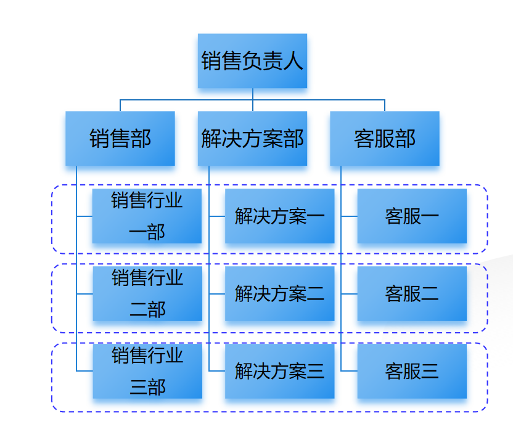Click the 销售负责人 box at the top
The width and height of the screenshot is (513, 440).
coord(252,61)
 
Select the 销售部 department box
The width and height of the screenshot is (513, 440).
coord(120,139)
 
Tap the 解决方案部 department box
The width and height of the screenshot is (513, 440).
coord(252,139)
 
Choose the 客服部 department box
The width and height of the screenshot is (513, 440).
coord(385,139)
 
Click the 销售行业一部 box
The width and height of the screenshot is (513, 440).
coord(147,216)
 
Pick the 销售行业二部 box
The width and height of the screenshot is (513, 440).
coord(147,294)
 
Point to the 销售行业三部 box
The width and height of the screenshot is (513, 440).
coord(147,372)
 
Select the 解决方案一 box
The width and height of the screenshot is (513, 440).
coord(279,216)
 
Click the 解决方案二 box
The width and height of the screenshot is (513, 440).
coord(279,294)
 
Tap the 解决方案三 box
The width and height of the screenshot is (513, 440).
coord(279,372)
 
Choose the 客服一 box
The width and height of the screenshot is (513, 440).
coord(412,216)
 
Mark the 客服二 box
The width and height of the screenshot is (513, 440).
coord(412,294)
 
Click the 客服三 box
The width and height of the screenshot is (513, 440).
coord(412,372)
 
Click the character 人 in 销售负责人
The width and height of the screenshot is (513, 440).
coord(293,62)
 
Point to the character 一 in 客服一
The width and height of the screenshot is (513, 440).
coord(430,217)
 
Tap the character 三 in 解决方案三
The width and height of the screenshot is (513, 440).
coord(315,372)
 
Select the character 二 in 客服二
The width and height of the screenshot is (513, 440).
coord(430,295)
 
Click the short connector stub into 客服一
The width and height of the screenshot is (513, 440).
coord(349,216)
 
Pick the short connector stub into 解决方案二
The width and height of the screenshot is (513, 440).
coord(216,294)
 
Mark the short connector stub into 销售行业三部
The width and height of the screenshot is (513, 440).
coord(84,371)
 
